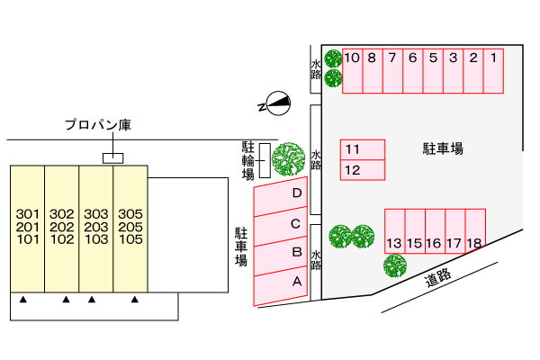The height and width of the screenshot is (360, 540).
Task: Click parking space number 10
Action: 352,71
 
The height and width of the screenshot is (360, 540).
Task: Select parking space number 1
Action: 493,71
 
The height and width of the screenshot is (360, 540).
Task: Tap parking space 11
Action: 363,150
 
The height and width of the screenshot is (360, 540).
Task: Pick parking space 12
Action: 363,170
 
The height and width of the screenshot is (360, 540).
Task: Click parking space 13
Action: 395,231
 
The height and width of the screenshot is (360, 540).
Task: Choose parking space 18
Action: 475,230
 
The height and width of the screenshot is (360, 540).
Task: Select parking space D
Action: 280,197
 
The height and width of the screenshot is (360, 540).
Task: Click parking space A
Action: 280,286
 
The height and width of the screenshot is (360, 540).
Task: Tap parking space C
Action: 280,226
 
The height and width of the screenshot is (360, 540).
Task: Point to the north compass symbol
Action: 275,103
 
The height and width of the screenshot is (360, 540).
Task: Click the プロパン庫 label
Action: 98,125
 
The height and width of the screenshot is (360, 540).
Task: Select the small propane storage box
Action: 113,158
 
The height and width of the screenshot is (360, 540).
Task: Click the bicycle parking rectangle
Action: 265,160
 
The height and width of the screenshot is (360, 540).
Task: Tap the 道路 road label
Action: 437,278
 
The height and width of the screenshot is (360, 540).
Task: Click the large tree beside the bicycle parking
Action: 288,158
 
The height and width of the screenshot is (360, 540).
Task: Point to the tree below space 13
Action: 395,265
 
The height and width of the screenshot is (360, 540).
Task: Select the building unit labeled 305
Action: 130,229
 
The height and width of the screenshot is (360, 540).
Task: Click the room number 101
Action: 28,239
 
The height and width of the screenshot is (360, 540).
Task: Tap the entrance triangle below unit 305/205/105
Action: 135,300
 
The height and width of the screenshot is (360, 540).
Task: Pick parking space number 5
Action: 433,71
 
